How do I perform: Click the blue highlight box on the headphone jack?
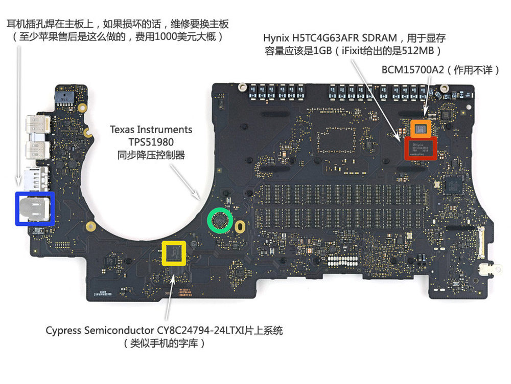[35, 208]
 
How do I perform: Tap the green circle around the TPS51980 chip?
[220, 221]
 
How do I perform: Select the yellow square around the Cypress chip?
[174, 252]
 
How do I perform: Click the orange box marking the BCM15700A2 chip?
[421, 129]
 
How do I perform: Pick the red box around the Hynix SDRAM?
[421, 148]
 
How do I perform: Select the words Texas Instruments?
[151, 130]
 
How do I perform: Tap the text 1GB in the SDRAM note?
[322, 51]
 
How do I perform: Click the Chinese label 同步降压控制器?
[151, 155]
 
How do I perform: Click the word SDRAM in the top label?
[382, 38]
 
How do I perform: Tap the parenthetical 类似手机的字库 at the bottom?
[165, 344]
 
